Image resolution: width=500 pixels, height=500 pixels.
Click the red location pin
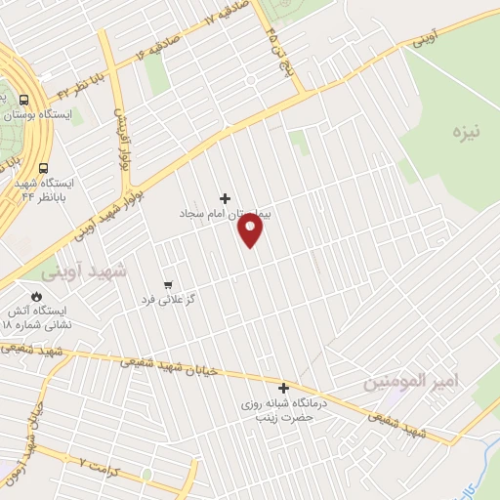coord(251,229)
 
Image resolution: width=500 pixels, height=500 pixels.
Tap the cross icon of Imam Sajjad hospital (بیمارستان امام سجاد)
coord(226,197)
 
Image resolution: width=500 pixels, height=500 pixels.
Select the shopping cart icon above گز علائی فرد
coord(169,284)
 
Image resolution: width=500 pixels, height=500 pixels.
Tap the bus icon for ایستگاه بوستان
coord(23,99)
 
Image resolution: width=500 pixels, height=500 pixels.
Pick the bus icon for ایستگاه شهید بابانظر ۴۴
coord(43,166)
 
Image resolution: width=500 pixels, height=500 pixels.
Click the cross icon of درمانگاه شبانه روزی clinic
coord(284,388)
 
